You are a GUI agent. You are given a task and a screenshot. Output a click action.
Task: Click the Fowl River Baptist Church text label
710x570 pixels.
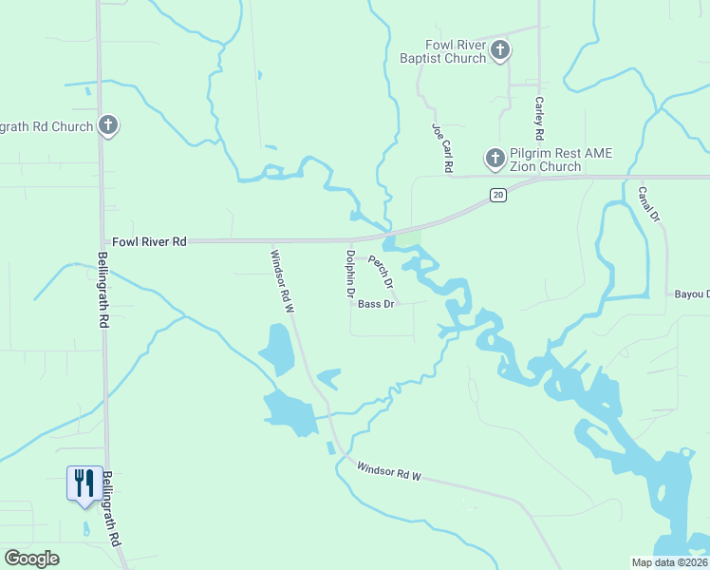point(456,51)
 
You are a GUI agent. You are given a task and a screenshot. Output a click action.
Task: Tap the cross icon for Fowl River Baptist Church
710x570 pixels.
point(500,49)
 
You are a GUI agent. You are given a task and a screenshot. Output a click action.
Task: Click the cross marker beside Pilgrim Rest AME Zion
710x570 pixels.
point(495,158)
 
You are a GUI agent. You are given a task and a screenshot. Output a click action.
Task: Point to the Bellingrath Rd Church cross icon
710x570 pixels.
point(108,124)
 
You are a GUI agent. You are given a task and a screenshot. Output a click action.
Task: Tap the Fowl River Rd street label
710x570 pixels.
point(150,242)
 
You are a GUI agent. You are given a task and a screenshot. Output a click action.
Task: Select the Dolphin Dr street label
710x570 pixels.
point(350,273)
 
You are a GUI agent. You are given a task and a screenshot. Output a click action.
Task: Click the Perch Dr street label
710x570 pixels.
point(380,272)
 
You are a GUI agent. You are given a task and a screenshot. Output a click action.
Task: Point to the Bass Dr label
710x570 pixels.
point(376,304)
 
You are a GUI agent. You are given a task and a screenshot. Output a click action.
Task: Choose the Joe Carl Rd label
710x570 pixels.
point(440,147)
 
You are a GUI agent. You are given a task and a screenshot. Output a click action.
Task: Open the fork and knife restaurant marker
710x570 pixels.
point(84,483)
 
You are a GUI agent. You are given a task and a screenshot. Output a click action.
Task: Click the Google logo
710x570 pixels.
point(31,559)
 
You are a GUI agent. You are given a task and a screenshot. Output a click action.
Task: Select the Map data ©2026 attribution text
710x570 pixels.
point(668,562)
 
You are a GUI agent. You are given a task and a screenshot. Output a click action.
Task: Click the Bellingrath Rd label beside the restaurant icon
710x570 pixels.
point(113,508)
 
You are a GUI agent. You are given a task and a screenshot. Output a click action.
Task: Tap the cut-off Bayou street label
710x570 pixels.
point(691,294)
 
